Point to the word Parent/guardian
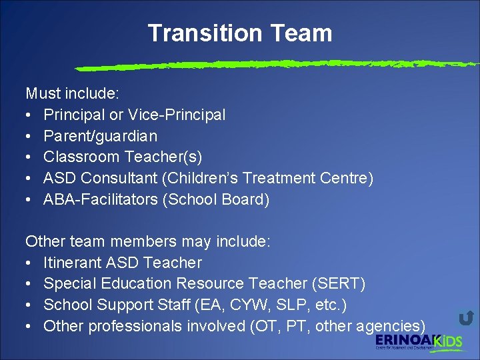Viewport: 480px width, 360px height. (x=100, y=136)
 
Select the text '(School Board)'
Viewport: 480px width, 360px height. (x=215, y=200)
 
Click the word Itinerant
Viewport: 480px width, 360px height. (x=72, y=263)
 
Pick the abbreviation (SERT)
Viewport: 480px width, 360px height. (x=338, y=284)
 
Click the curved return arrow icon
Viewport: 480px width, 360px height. (x=466, y=317)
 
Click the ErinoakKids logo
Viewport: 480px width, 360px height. (x=418, y=343)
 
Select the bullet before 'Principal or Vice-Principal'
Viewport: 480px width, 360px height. (x=29, y=115)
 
